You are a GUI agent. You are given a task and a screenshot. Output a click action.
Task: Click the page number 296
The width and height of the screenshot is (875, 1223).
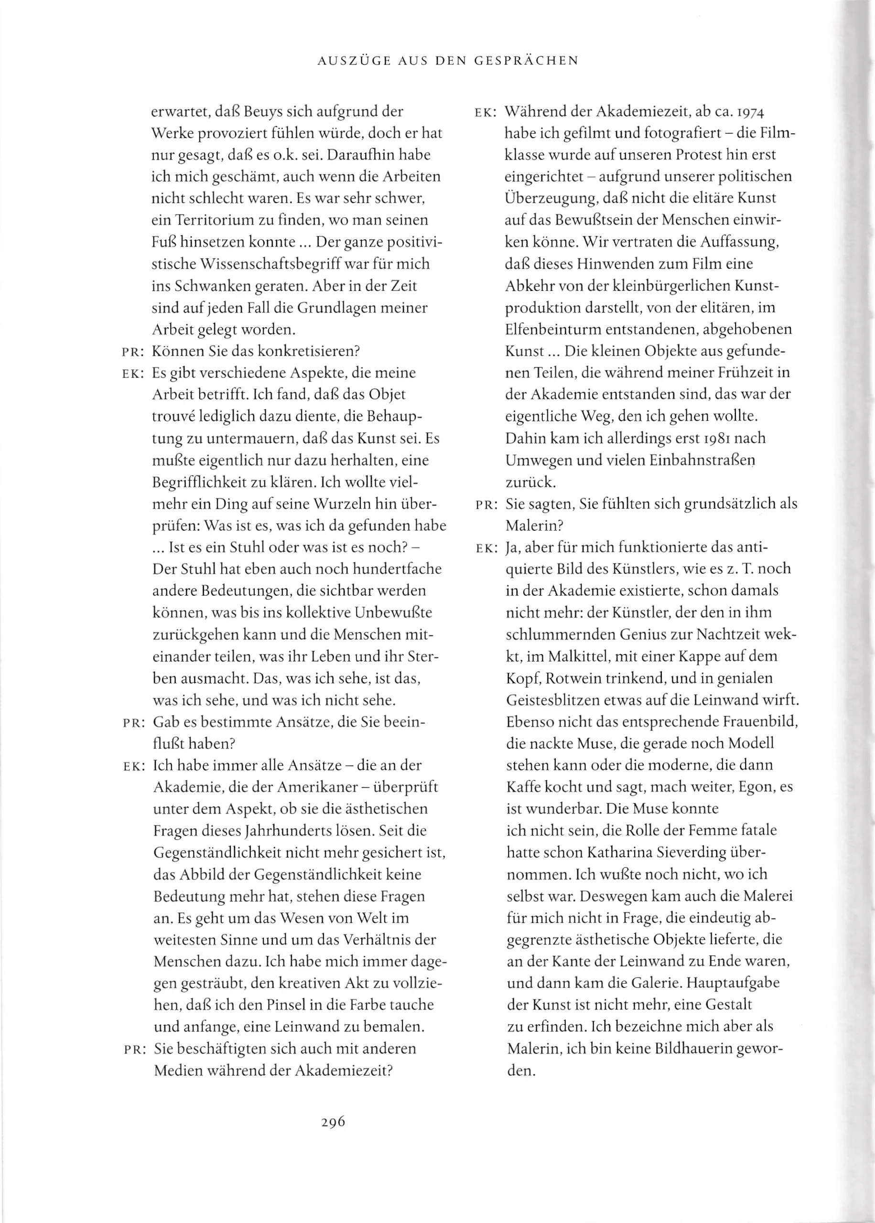tap(333, 1122)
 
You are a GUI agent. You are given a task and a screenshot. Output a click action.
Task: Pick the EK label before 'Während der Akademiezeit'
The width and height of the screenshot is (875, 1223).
tap(486, 113)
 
